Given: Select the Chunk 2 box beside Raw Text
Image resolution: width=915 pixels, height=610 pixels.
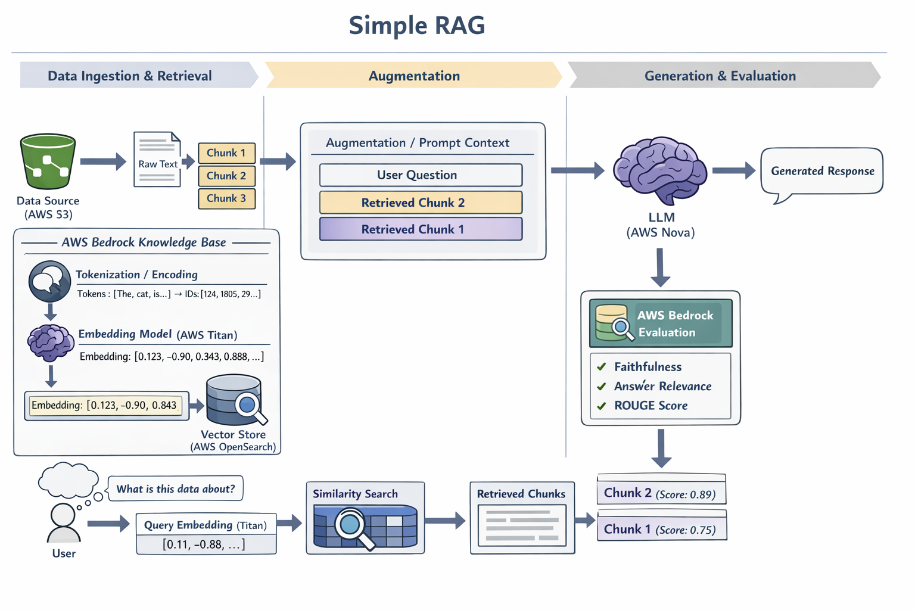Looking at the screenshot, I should [x=226, y=176].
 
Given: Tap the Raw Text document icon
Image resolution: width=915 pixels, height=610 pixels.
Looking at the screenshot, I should [x=157, y=160].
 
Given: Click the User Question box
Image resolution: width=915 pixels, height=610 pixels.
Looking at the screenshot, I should [x=421, y=175].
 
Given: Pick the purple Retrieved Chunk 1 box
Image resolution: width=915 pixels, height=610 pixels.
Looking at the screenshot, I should [x=421, y=229].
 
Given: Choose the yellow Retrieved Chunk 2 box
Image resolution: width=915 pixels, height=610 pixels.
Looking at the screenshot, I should [x=421, y=203].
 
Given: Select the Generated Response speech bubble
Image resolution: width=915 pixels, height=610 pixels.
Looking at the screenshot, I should [x=822, y=172].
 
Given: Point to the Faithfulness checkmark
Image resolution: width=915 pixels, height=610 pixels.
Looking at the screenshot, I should [x=602, y=367].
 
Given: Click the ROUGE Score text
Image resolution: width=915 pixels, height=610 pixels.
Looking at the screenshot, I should [x=651, y=406].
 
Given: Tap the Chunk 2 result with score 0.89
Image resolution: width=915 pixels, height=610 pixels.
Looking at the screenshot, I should [x=661, y=493].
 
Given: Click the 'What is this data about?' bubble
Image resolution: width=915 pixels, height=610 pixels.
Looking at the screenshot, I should [x=176, y=489].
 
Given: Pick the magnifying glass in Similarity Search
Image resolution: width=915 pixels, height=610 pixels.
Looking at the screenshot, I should [x=351, y=525].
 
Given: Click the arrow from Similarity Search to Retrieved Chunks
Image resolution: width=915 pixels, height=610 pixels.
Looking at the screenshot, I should [x=446, y=521].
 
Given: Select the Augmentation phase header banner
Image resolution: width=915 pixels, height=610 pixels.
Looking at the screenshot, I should [x=414, y=76].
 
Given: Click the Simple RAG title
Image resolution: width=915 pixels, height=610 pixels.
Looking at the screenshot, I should [x=416, y=26].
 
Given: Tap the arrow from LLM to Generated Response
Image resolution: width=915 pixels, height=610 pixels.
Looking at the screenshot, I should [x=733, y=171].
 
